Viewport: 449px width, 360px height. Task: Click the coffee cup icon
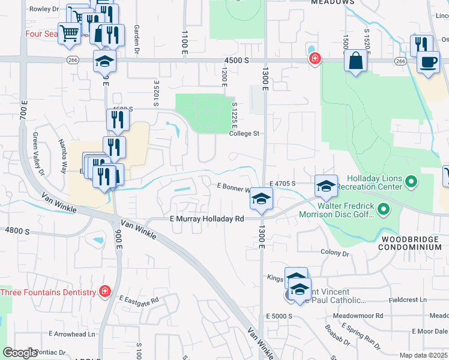click(428, 62)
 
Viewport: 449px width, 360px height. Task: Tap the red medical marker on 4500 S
click(314, 59)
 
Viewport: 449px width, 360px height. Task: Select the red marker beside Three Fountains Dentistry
click(104, 292)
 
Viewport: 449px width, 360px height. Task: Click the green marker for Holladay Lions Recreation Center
click(411, 181)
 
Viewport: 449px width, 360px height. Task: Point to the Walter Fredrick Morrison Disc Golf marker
click(385, 210)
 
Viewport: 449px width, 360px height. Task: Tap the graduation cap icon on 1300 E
click(261, 200)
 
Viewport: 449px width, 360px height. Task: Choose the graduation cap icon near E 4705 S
click(326, 186)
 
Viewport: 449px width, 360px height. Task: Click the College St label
click(244, 133)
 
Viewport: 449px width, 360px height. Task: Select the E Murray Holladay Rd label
click(207, 219)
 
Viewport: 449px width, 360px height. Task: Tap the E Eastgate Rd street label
click(139, 299)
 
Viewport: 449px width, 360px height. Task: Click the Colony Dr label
click(335, 253)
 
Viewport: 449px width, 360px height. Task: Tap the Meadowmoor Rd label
click(362, 315)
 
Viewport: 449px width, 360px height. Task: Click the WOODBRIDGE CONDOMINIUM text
click(412, 243)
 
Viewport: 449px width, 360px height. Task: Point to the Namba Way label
click(62, 162)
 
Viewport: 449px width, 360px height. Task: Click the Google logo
click(20, 353)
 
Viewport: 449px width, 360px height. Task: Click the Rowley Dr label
click(49, 9)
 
